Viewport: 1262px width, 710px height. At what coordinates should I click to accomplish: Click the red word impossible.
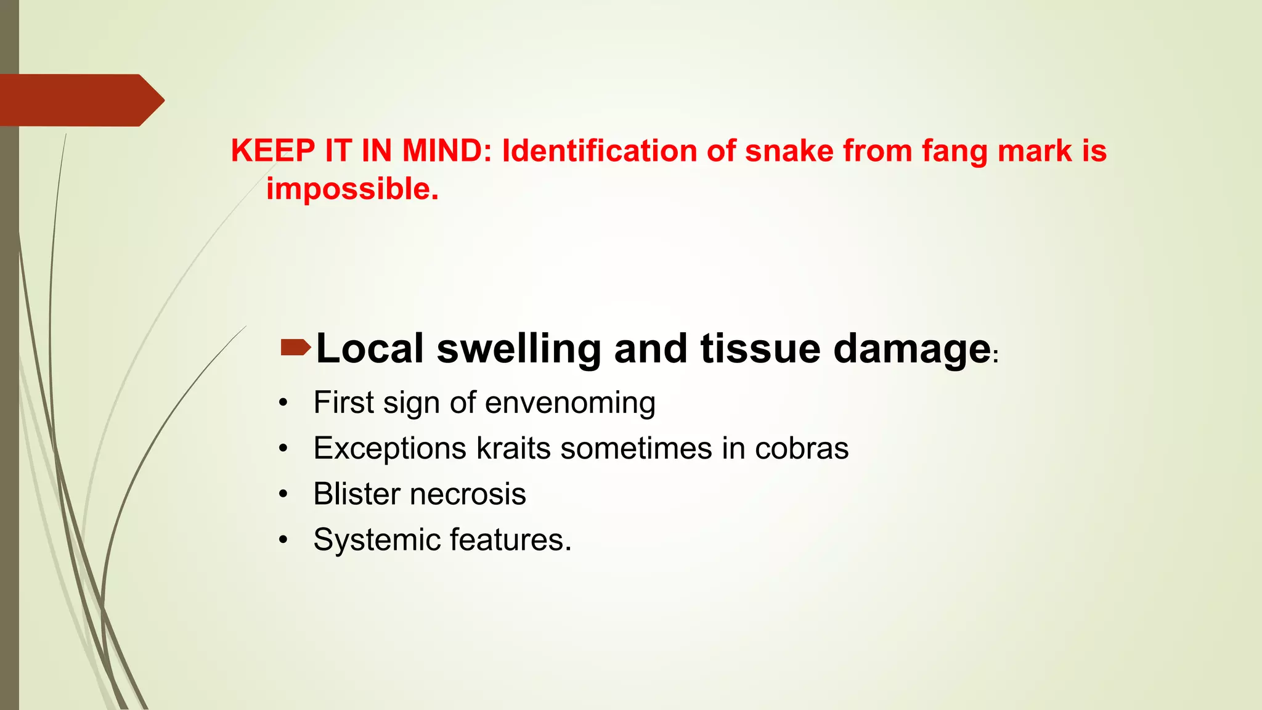pos(352,189)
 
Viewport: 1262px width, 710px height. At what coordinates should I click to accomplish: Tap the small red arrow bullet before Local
pos(295,348)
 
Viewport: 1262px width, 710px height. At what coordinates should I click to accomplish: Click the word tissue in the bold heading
pos(760,349)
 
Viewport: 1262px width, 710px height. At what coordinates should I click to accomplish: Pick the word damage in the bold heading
pos(912,349)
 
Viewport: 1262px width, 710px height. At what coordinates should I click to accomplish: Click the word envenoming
pos(570,403)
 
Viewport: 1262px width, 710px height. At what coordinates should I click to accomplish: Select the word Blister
pos(357,494)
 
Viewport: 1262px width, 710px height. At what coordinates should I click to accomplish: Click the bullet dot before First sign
pos(283,404)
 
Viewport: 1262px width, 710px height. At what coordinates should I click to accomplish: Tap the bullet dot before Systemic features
pos(283,541)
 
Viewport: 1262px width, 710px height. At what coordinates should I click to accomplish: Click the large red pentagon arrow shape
pos(77,100)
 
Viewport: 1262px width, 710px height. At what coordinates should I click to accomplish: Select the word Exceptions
pos(389,449)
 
